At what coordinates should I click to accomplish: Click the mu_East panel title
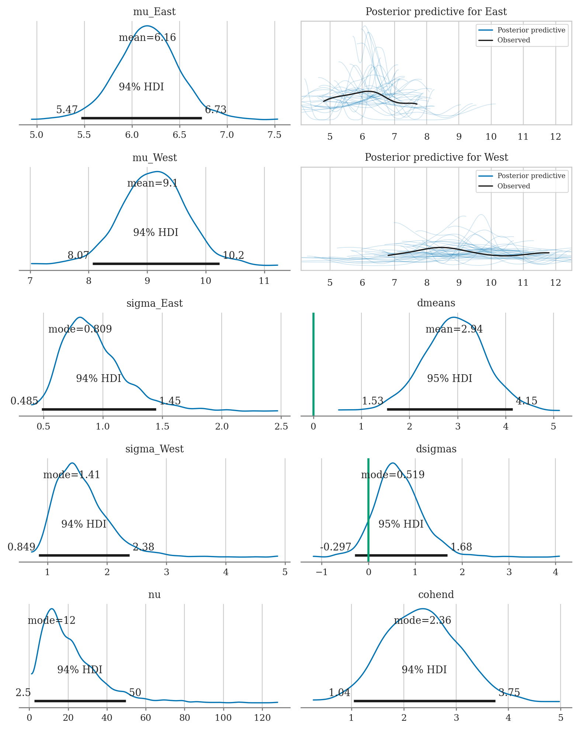coord(154,12)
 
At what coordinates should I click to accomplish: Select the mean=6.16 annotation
coord(147,38)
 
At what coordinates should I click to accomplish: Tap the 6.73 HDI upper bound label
coord(216,109)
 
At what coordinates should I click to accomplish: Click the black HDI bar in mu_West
coord(156,264)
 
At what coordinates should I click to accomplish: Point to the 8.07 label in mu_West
coord(78,255)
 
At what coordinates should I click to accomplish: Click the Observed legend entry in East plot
coord(513,40)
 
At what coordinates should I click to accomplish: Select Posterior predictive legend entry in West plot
coord(531,176)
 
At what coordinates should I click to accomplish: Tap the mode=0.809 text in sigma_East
coord(80,329)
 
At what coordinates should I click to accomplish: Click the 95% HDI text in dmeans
coord(450,379)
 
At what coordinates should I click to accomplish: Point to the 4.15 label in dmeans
coord(526,401)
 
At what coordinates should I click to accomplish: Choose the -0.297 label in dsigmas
coord(336,547)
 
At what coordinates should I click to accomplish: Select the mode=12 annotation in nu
coord(52,620)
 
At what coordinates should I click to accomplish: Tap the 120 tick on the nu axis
coord(262,717)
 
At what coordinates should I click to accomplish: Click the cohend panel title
coord(436,595)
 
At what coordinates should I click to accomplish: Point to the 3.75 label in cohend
coord(509,693)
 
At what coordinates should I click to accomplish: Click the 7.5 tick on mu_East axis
coord(274,135)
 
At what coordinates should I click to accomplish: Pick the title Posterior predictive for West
coord(436,157)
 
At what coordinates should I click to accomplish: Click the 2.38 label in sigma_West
coord(143,547)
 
